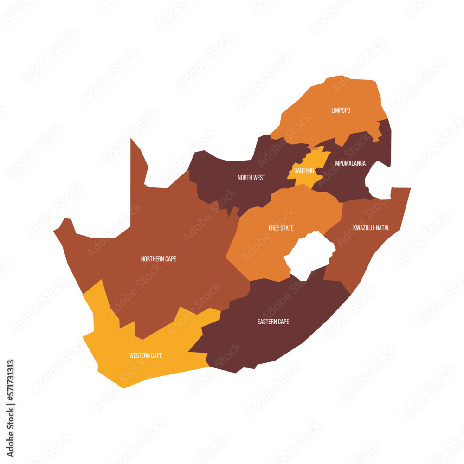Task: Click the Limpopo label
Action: [x=341, y=110]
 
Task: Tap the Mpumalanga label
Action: [x=350, y=163]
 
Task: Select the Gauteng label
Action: [x=304, y=171]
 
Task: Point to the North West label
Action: [x=251, y=178]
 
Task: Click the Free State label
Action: [x=281, y=228]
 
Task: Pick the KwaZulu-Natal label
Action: [x=371, y=228]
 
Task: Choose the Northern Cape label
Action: [x=158, y=259]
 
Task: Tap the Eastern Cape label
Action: [x=273, y=322]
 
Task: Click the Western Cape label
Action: [x=146, y=356]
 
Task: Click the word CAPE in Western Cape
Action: [x=156, y=356]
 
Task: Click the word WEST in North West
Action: [x=259, y=178]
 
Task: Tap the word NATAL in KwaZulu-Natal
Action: [x=382, y=228]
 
